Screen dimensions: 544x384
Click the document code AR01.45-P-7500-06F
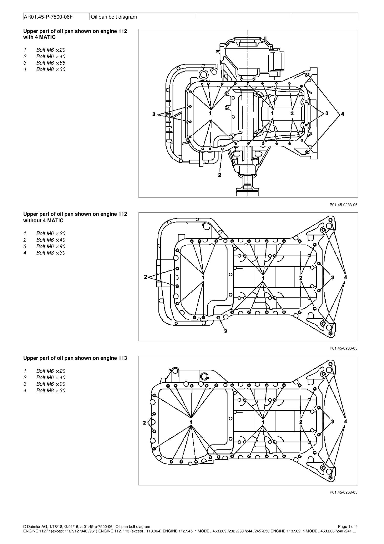coord(48,17)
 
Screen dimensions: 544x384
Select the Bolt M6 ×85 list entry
coord(51,63)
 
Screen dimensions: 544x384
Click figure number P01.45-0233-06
coord(343,205)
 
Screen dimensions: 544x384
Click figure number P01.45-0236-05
coord(343,348)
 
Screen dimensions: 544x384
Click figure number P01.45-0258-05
coord(343,492)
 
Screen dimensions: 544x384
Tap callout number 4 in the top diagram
coord(343,114)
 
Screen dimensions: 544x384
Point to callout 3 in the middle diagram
coord(333,277)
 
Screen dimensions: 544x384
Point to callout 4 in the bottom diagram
coord(346,421)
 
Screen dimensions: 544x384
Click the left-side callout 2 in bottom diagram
coord(144,422)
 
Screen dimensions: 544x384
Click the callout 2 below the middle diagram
coord(226,331)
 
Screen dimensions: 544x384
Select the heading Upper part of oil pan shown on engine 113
coord(75,358)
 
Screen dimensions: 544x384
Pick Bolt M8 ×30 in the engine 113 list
coord(51,390)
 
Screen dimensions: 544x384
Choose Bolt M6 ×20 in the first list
coord(51,50)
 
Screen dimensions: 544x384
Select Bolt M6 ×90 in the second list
coord(51,246)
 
